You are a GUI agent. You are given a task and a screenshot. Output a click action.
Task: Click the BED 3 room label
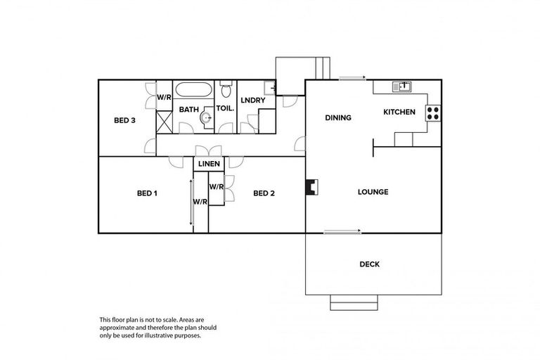124,120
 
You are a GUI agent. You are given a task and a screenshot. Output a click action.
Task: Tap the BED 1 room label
146,193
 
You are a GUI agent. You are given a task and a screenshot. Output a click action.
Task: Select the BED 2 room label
263,193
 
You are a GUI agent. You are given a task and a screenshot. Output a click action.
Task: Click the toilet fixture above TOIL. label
226,91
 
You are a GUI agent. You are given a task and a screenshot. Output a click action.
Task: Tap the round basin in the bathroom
205,118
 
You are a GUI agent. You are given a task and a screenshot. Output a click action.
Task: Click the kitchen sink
404,87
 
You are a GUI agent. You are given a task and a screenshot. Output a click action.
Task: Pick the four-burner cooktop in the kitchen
433,112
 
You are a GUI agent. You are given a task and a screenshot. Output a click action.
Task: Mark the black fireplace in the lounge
310,187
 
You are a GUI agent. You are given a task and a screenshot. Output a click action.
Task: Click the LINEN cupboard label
209,164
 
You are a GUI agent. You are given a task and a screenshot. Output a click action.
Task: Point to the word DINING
337,118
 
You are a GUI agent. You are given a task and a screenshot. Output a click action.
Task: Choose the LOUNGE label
373,192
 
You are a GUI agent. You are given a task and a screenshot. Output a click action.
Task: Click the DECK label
370,264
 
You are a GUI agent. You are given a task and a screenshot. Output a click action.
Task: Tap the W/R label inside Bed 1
200,202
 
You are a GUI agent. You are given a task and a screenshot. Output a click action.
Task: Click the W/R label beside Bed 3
164,97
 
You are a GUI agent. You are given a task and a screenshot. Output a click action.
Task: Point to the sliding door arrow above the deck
342,231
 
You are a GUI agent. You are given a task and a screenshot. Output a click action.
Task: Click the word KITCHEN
399,112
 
